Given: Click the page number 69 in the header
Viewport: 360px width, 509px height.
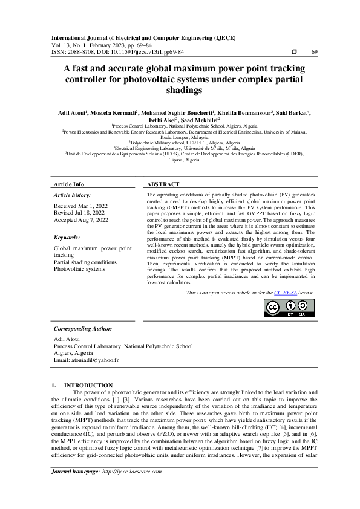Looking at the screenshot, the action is tap(314, 52).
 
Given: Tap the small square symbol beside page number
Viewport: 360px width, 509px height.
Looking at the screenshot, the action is tap(293, 52).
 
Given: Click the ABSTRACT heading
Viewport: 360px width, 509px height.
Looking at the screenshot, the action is tap(163, 184).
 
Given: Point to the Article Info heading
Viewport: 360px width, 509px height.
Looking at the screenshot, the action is tap(69, 184).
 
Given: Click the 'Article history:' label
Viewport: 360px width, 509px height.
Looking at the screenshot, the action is tap(73, 196).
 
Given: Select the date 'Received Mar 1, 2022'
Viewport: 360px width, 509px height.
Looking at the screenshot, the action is tap(81, 206).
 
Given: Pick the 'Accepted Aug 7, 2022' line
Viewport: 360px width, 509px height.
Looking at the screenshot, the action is tap(81, 220).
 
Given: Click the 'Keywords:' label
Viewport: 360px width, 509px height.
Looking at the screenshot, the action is tap(67, 238).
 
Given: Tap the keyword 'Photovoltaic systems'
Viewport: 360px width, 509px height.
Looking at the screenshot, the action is tap(79, 269).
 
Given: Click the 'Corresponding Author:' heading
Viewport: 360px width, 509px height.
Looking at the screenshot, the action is tap(83, 328).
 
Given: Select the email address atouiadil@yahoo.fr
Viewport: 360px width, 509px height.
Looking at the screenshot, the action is tap(86, 360).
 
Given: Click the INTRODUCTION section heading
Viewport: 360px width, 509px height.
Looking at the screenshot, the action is tap(88, 385).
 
